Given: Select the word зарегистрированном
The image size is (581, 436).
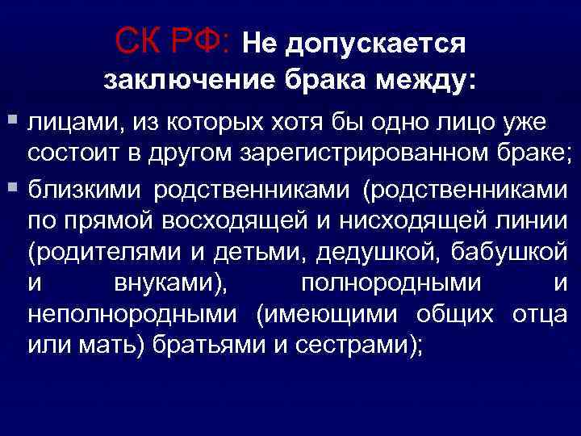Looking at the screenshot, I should [x=359, y=155].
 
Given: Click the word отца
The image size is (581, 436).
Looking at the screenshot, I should [x=541, y=315].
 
